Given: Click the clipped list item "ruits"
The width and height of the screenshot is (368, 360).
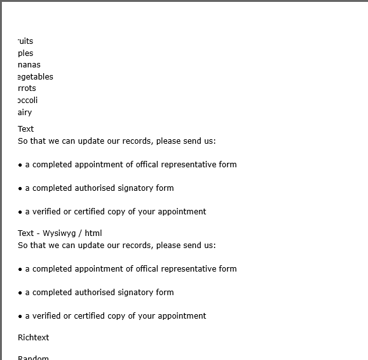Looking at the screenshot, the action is pos(25,41).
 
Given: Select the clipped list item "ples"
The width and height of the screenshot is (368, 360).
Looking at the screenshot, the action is pos(25,53).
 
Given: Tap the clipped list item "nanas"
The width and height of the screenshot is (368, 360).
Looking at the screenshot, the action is pos(29,65).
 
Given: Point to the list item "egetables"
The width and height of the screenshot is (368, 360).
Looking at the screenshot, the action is pos(36,77).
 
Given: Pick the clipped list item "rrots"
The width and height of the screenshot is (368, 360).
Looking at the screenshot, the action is pos(27,88).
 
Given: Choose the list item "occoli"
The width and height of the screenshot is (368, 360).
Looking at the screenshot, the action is pos(28,100).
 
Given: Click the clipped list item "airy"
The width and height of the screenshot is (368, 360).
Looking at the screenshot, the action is pos(25,113).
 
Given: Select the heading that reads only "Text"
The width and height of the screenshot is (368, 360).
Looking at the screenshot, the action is pos(26,129).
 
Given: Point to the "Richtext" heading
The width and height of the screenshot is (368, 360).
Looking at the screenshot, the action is pos(34,338).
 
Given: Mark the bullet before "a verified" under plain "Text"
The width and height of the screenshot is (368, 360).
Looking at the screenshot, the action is pos(20,212).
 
